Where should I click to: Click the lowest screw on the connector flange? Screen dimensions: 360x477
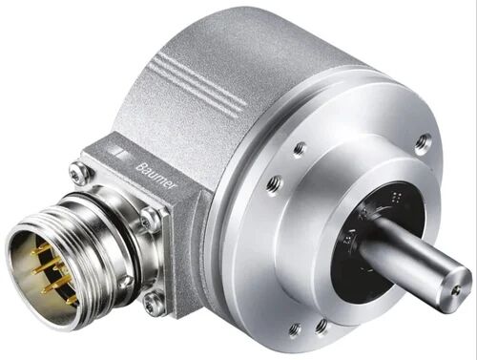[x=153, y=305]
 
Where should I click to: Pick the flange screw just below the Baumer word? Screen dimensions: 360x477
[x=151, y=220]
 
